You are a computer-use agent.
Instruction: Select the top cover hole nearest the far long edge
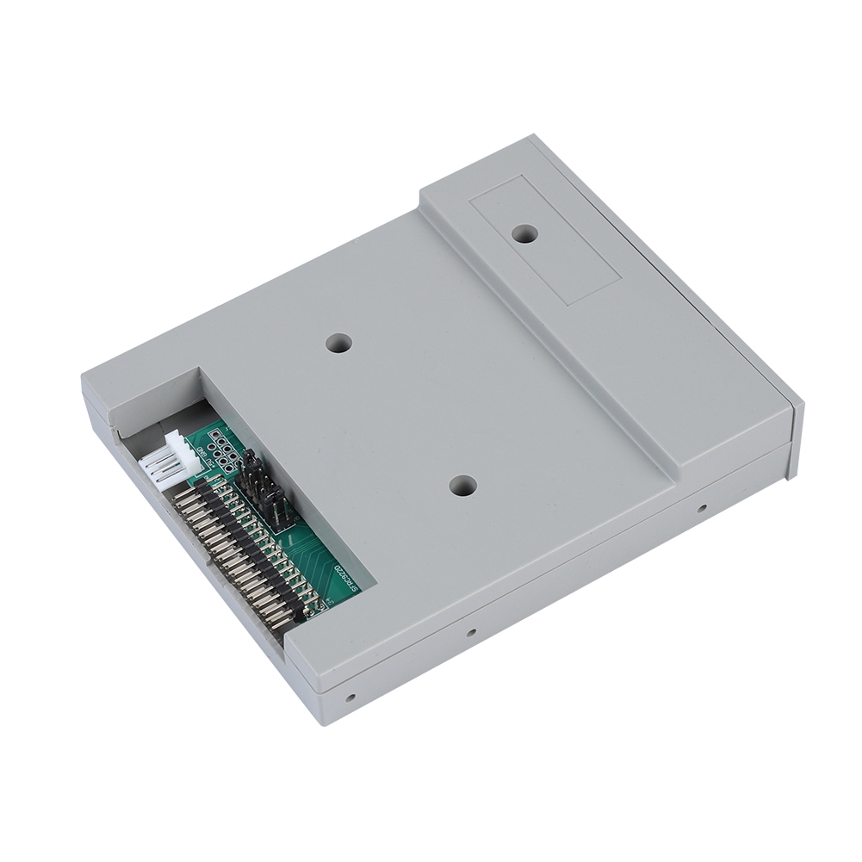tap(338, 343)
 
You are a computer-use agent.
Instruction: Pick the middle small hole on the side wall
tap(470, 633)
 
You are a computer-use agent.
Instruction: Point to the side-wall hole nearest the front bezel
tap(702, 508)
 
